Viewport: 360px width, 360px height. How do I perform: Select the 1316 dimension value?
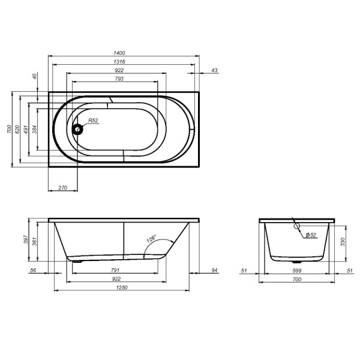click(x=125, y=62)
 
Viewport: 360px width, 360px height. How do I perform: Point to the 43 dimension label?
click(x=215, y=71)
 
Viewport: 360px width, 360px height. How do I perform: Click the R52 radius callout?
click(x=93, y=121)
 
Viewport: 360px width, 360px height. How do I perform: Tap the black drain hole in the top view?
click(x=77, y=128)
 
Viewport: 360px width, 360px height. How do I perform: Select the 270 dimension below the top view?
click(x=62, y=188)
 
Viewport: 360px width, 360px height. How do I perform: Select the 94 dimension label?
click(x=214, y=271)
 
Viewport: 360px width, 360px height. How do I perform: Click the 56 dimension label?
click(x=33, y=271)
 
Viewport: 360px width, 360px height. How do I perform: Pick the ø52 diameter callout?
click(x=310, y=234)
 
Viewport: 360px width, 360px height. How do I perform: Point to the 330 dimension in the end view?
click(x=343, y=242)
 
